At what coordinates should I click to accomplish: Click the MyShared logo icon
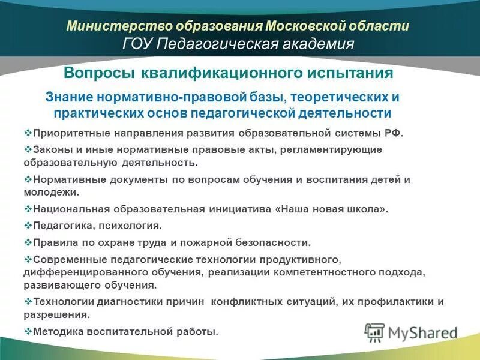point(374,332)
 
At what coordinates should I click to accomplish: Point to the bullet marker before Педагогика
point(28,226)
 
